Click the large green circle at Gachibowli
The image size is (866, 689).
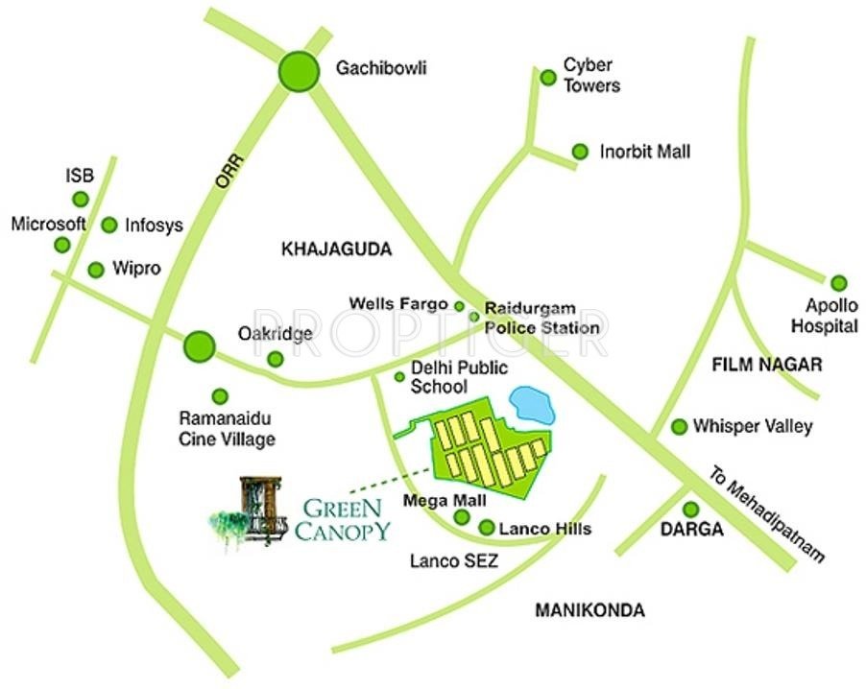coord(298,70)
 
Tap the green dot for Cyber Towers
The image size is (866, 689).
coord(548,77)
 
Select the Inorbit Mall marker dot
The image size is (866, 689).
coord(580,152)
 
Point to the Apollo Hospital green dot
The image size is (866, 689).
coord(839,283)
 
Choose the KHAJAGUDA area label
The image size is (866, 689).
coord(337,249)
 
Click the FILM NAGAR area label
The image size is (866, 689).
coord(767,365)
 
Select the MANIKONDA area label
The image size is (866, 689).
coord(589,610)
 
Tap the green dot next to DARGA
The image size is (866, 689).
coord(690,510)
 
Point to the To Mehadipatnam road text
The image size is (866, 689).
coord(768,515)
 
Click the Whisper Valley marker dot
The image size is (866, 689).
coord(679,426)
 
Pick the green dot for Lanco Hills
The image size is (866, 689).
coord(486,528)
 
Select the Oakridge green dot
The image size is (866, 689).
coord(276,359)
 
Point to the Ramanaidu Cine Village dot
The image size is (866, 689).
coord(220,395)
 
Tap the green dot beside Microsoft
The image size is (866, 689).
coord(62,245)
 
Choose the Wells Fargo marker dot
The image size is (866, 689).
coord(459,306)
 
